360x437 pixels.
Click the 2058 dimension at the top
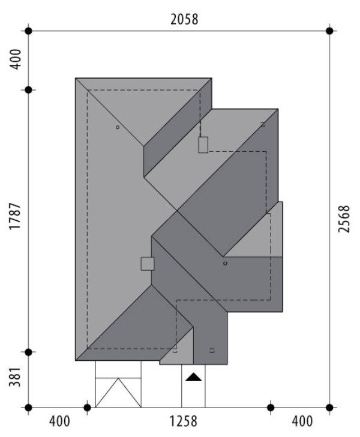(184, 19)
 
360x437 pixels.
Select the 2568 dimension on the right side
(344, 218)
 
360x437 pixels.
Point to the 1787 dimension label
(15, 216)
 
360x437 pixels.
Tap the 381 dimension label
(15, 377)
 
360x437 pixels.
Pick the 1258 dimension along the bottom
(184, 421)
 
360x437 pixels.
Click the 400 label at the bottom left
(59, 421)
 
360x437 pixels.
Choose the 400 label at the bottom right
(302, 421)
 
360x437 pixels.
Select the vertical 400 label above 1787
(15, 59)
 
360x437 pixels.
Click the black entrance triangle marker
(193, 378)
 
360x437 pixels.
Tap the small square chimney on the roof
(148, 264)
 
